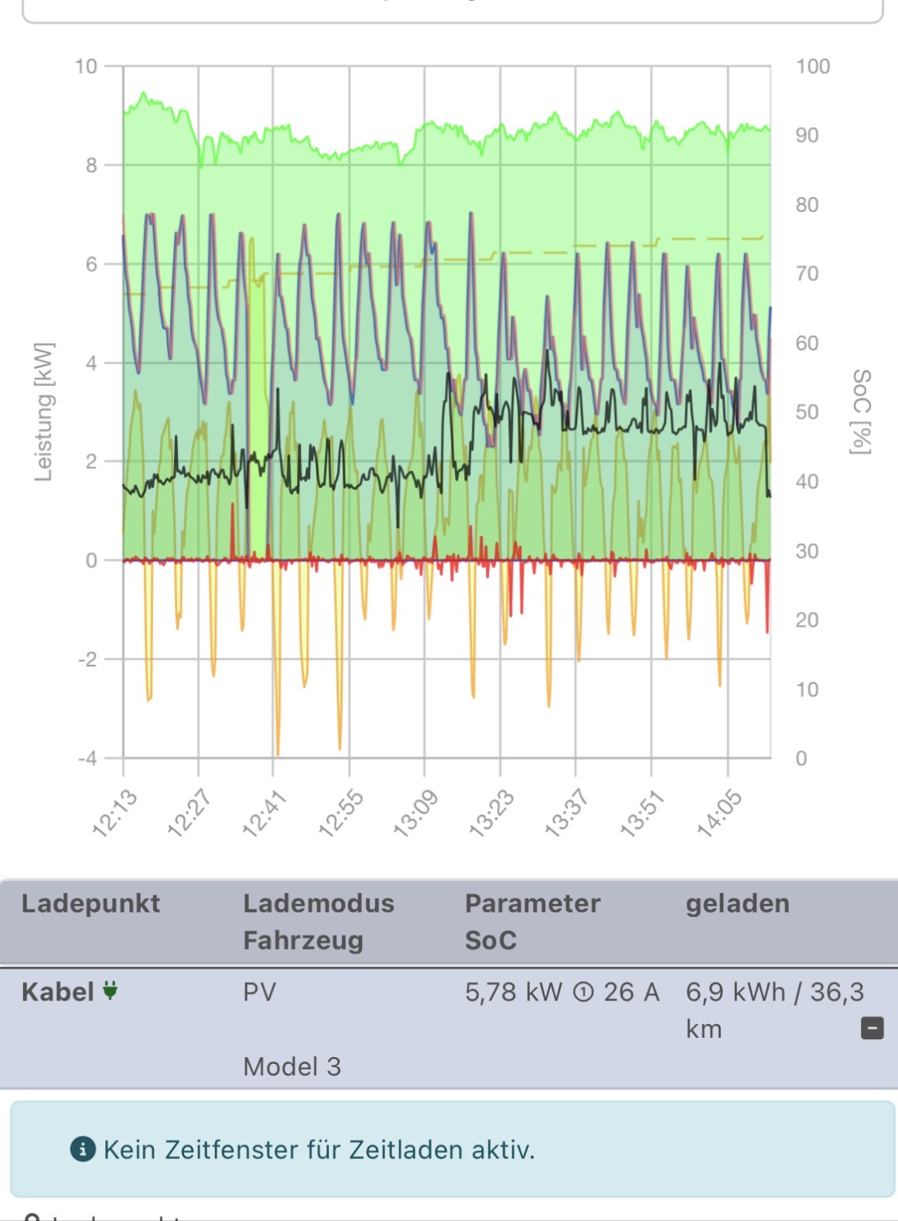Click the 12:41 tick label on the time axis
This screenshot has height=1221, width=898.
[x=265, y=813]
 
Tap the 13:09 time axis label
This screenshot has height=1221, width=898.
[x=415, y=813]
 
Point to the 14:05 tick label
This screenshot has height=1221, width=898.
[x=719, y=813]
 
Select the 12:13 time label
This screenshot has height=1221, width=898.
[x=114, y=813]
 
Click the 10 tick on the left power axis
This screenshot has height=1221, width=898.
[x=86, y=67]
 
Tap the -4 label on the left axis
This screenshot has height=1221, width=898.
[x=87, y=759]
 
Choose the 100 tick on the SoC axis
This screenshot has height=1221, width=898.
[x=813, y=67]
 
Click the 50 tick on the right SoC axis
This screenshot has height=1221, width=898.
[x=807, y=412]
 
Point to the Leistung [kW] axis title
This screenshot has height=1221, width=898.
[x=44, y=412]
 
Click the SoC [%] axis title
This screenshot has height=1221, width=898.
[x=861, y=412]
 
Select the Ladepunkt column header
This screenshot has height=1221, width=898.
[x=90, y=903]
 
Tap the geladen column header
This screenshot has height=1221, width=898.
[x=737, y=903]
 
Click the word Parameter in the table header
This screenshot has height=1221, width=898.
[x=532, y=903]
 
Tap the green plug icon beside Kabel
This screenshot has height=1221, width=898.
[x=111, y=991]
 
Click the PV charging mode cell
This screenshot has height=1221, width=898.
[x=259, y=992]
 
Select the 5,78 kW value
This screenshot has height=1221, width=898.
[x=513, y=992]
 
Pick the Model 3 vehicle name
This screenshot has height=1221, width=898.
[x=292, y=1067]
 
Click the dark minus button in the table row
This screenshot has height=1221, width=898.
[x=872, y=1028]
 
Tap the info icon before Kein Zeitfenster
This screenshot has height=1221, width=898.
[x=83, y=1150]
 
